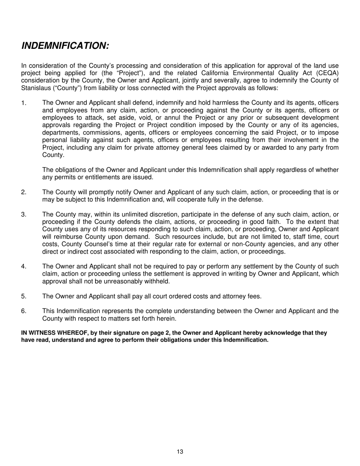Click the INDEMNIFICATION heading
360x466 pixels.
click(x=65, y=46)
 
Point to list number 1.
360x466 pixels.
click(x=24, y=103)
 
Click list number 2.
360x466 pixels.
click(x=24, y=192)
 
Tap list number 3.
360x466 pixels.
click(x=24, y=214)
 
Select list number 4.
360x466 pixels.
click(x=24, y=266)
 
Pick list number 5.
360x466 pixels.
click(x=24, y=296)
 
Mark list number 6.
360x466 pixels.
click(x=24, y=311)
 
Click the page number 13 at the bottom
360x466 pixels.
click(x=180, y=452)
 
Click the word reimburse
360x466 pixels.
click(x=67, y=237)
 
